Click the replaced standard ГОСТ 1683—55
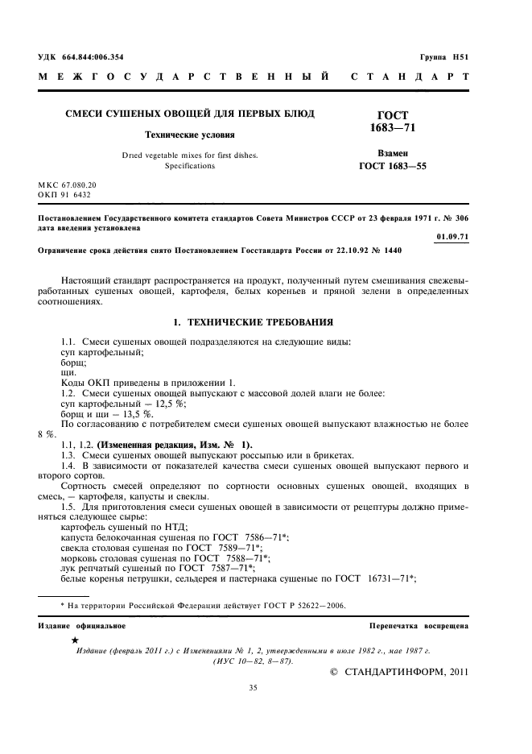(392, 167)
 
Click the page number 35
(252, 687)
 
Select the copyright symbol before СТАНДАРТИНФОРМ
(336, 671)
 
